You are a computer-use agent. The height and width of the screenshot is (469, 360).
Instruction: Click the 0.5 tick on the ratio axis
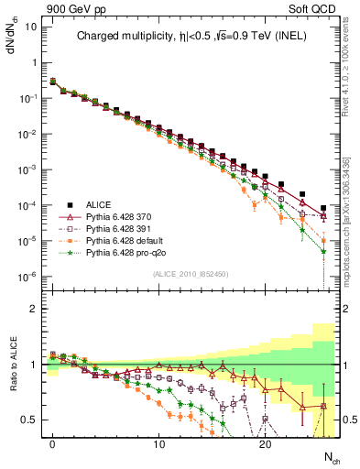29,420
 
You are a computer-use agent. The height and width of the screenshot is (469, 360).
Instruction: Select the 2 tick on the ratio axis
33,309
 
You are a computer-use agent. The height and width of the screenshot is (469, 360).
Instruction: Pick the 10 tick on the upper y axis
29,27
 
